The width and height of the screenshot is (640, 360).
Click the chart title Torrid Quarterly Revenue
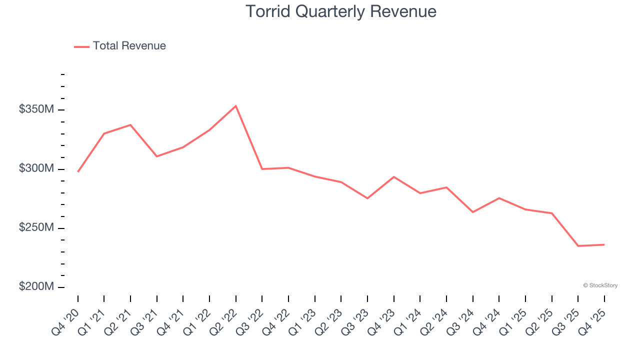pyautogui.click(x=341, y=11)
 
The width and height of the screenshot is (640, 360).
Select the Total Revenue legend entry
pyautogui.click(x=120, y=46)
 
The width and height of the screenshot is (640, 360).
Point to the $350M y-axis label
pyautogui.click(x=36, y=109)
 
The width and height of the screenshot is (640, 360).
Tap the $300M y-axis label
pyautogui.click(x=36, y=168)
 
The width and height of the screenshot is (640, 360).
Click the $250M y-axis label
pyautogui.click(x=36, y=227)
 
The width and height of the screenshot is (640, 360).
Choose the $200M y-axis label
pyautogui.click(x=36, y=286)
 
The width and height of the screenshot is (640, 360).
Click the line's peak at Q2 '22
pyautogui.click(x=235, y=106)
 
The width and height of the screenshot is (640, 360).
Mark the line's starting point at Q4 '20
pyautogui.click(x=78, y=171)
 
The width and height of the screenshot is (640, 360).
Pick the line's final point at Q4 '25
pyautogui.click(x=604, y=244)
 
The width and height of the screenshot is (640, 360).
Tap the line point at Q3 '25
pyautogui.click(x=578, y=246)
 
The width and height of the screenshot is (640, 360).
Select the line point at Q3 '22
pyautogui.click(x=262, y=169)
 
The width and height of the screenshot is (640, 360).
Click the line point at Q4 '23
pyautogui.click(x=393, y=177)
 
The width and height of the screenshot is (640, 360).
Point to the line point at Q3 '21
pyautogui.click(x=157, y=156)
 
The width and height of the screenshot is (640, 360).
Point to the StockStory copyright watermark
pyautogui.click(x=600, y=285)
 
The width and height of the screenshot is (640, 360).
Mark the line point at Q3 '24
pyautogui.click(x=472, y=212)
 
